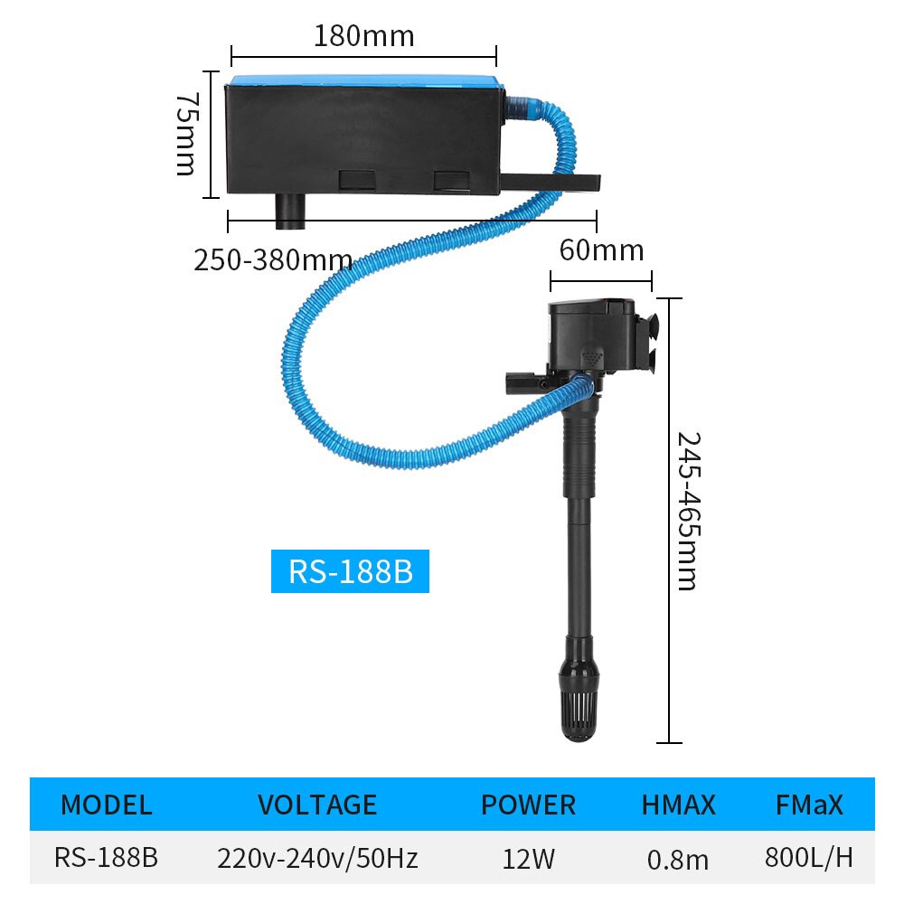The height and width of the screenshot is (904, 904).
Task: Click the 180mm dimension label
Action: [x=363, y=36]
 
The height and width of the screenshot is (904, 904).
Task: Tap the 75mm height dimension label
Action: [x=185, y=133]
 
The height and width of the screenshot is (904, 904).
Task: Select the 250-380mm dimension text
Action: [x=273, y=260]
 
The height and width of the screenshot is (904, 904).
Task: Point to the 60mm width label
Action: [x=601, y=250]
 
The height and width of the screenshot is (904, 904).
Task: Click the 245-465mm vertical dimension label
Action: [x=689, y=511]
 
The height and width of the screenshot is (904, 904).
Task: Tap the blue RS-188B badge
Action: [x=350, y=572]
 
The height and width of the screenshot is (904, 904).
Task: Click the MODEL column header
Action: [x=106, y=805]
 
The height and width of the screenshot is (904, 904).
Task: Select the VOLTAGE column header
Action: [x=316, y=805]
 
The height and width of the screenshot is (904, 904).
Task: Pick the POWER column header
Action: [x=528, y=805]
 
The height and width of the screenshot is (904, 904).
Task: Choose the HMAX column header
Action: [x=678, y=805]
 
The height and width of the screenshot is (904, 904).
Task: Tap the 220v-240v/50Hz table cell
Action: [x=316, y=857]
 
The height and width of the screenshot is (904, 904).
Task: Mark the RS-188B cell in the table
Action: [x=106, y=857]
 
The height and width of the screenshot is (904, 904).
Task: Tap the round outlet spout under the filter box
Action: [x=291, y=213]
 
